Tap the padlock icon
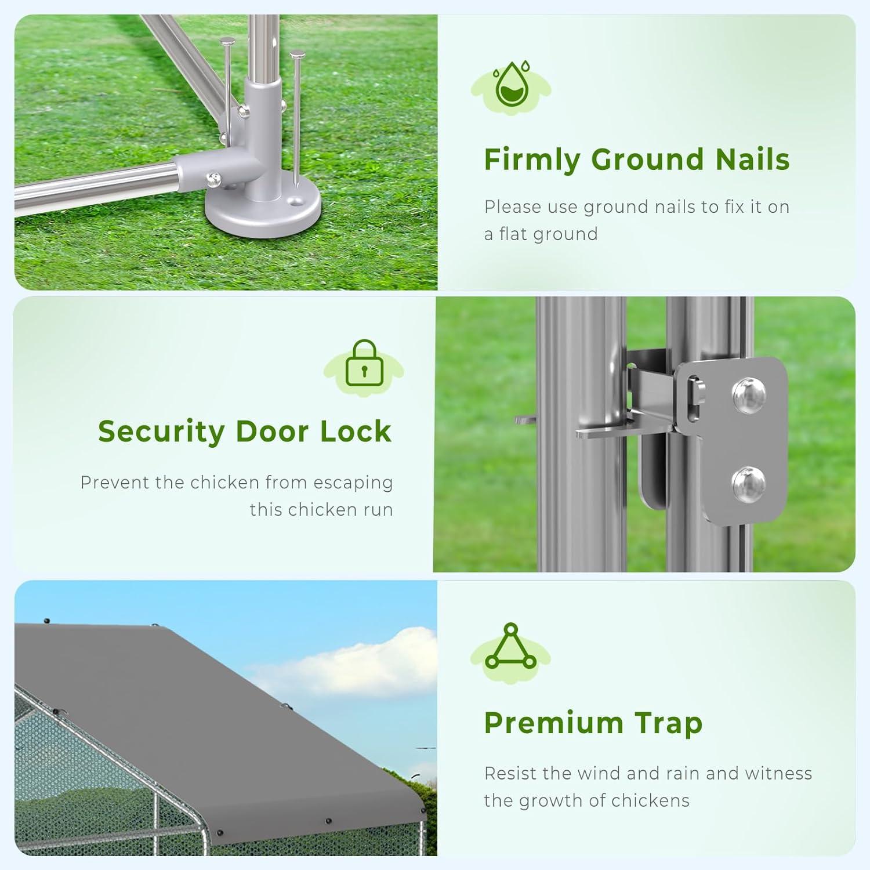click(x=364, y=363)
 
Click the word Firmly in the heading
click(x=532, y=160)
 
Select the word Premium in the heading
click(x=553, y=723)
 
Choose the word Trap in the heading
click(x=669, y=724)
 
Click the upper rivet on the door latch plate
click(x=749, y=396)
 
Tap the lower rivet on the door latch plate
click(x=748, y=484)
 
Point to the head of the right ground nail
click(x=298, y=56)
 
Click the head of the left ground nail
click(x=227, y=41)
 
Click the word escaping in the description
click(x=353, y=483)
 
